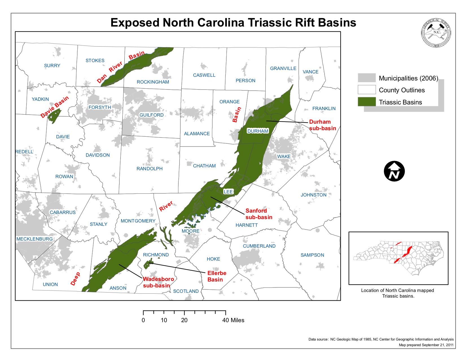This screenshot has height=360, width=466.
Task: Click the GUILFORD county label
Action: click(151, 115)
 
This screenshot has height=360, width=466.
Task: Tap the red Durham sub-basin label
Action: click(322, 125)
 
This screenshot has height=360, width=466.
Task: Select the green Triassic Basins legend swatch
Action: click(366, 102)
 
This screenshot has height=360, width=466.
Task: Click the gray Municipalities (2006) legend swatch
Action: click(366, 78)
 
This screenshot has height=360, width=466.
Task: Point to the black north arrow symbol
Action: click(394, 171)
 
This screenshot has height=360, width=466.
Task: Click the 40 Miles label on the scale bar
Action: click(233, 320)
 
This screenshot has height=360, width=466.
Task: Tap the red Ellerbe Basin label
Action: click(216, 276)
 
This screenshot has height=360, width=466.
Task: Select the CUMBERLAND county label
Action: click(259, 246)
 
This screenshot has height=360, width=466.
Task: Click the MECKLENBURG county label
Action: click(34, 239)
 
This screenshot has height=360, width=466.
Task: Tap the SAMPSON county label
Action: click(312, 255)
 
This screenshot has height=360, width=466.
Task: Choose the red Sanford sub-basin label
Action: click(259, 214)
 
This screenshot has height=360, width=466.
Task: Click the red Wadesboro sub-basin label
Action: click(158, 282)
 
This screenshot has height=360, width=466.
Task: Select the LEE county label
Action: click(228, 192)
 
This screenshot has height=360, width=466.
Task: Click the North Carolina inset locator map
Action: click(398, 258)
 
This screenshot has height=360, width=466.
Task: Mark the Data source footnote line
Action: click(381, 339)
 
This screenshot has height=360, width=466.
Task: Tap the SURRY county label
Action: click(52, 66)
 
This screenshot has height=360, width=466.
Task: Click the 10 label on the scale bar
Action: click(164, 320)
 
